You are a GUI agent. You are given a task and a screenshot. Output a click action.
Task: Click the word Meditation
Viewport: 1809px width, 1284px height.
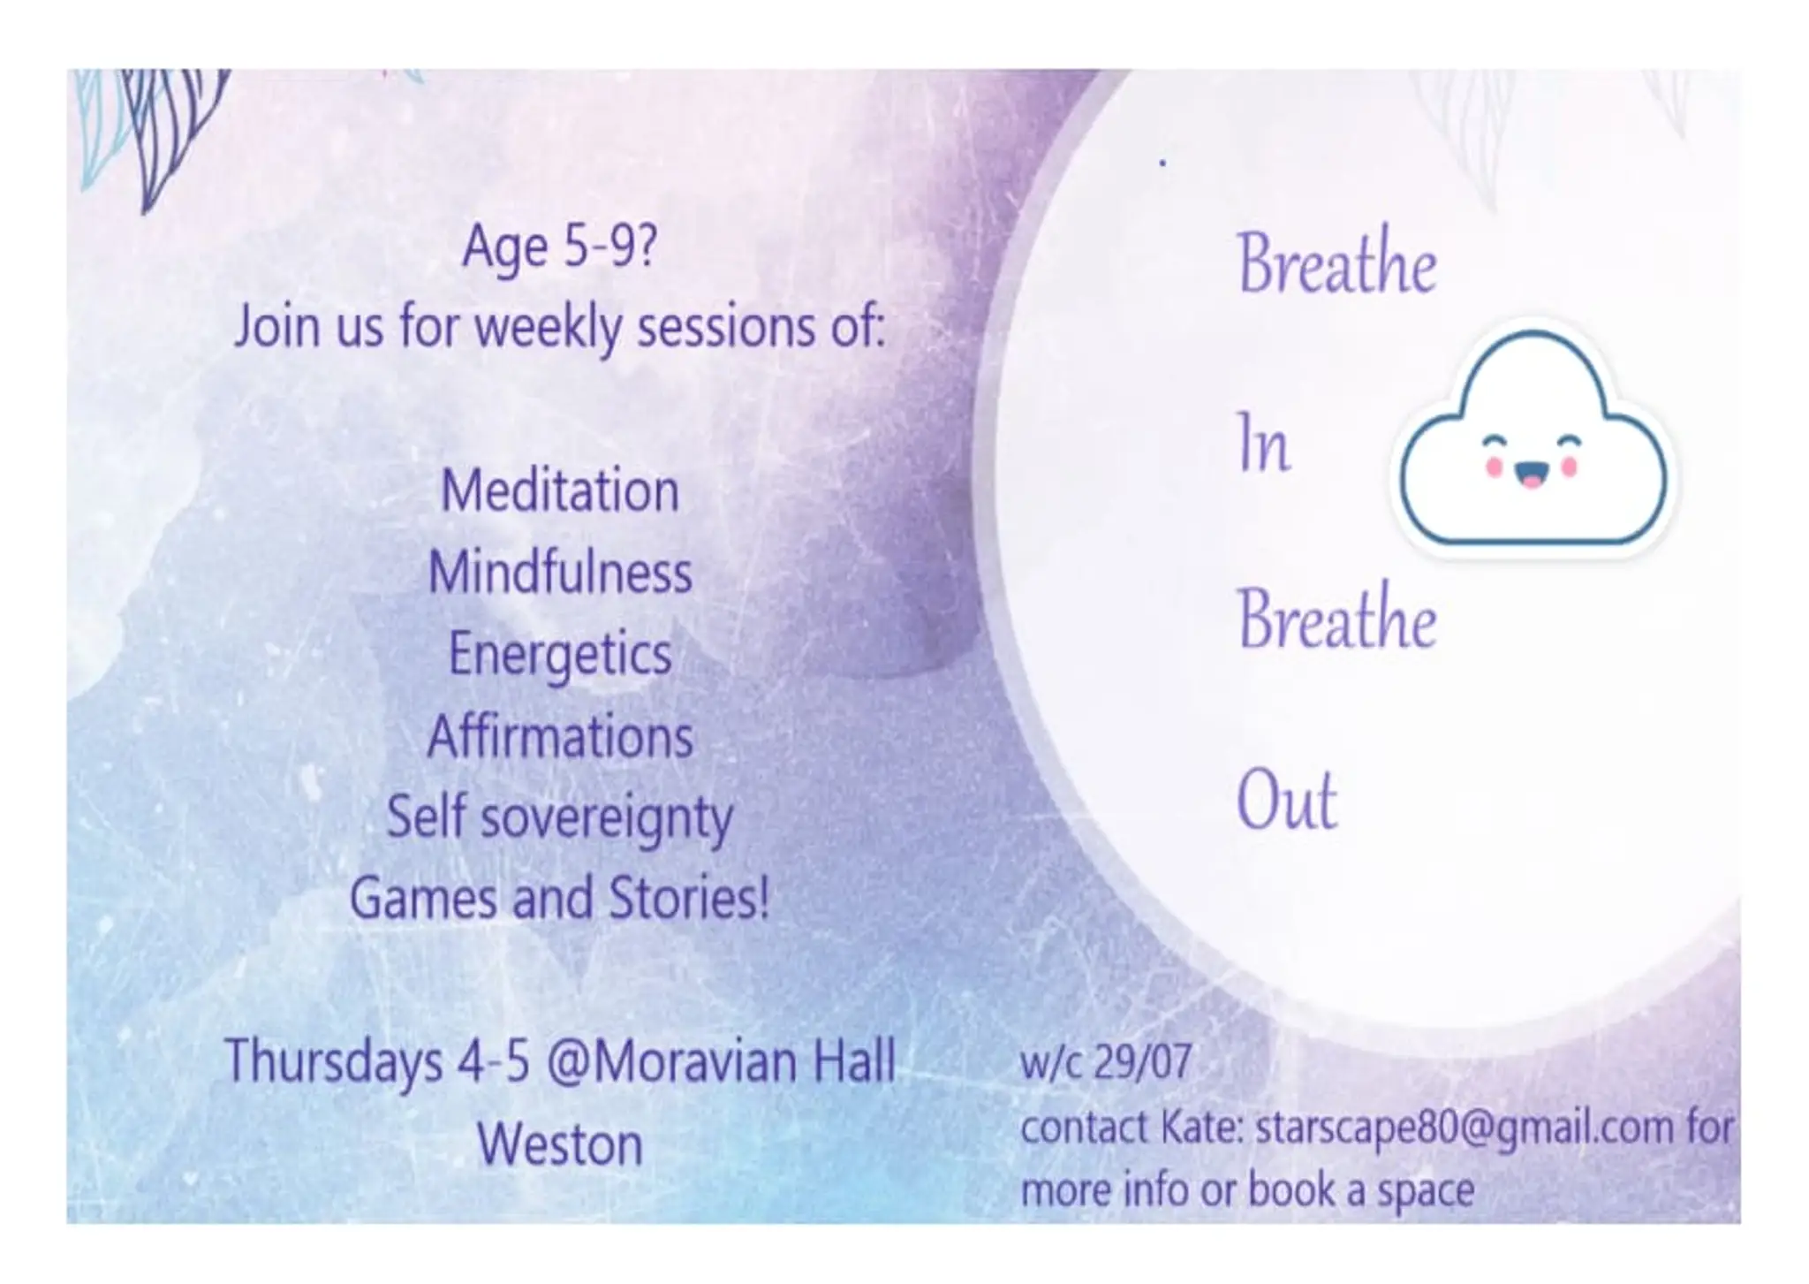click(x=560, y=491)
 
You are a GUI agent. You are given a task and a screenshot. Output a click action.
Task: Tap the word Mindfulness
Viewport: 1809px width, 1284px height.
click(x=560, y=573)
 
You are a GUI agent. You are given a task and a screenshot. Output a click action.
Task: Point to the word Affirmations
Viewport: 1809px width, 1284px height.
click(x=560, y=736)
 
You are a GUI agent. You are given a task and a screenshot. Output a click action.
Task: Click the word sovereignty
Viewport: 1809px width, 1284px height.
click(x=608, y=818)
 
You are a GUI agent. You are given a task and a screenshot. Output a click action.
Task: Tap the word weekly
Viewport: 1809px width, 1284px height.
click(x=549, y=328)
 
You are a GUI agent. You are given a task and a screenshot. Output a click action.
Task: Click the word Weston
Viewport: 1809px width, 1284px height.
click(x=560, y=1144)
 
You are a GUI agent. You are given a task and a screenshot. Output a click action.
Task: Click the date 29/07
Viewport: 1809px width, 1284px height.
click(x=1142, y=1062)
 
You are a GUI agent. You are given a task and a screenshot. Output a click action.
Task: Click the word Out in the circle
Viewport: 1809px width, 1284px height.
click(x=1286, y=801)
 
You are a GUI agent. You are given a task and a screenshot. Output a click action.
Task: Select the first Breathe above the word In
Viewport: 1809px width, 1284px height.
click(x=1336, y=262)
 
